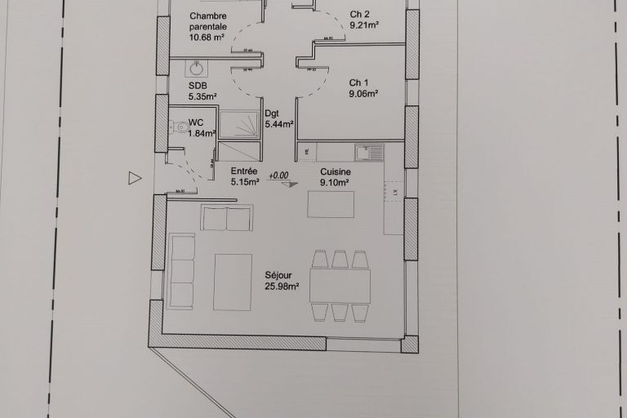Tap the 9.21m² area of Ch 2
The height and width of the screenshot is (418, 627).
point(364,25)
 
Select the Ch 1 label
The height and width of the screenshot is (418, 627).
point(358,82)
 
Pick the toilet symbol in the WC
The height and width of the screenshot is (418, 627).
point(179,127)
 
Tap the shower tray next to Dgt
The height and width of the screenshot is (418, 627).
point(241,124)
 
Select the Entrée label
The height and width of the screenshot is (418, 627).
point(244,171)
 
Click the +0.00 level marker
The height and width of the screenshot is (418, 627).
point(279,175)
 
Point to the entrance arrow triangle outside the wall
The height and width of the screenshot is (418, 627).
point(135,179)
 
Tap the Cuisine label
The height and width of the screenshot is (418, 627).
point(335,171)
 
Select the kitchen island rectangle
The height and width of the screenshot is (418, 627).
point(331,204)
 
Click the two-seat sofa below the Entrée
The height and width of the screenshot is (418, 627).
point(227,218)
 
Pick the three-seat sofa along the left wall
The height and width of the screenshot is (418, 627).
point(181,270)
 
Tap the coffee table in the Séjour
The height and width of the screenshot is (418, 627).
point(233,282)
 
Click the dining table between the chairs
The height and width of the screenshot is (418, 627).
point(340,286)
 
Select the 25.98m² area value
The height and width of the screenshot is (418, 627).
point(282,287)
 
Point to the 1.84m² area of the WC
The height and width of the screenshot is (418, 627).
point(202,133)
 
